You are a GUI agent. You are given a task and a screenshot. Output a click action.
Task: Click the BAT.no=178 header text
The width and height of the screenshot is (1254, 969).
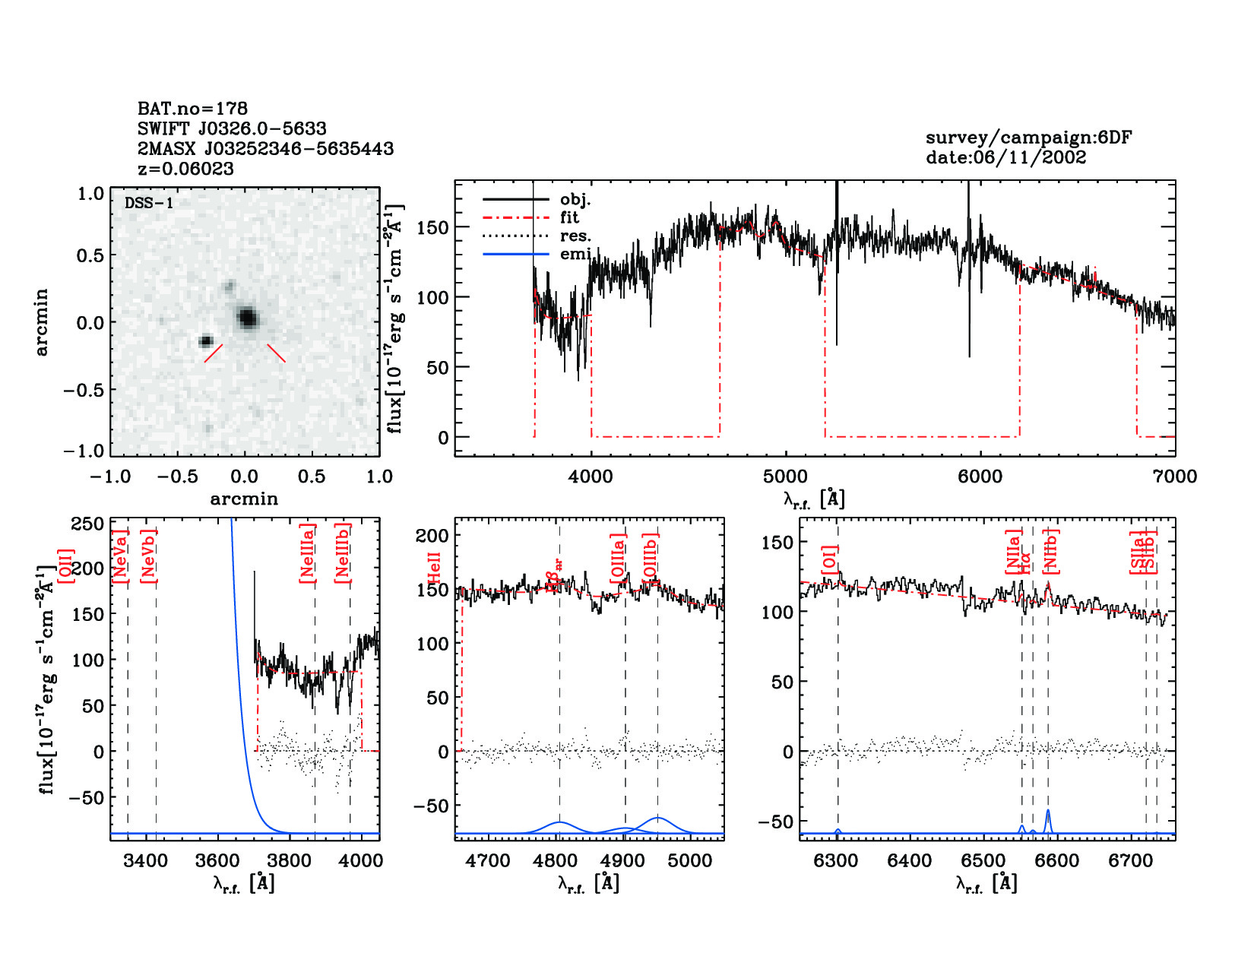pos(192,109)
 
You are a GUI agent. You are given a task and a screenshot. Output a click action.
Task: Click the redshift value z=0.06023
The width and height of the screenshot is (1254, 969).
pos(185,169)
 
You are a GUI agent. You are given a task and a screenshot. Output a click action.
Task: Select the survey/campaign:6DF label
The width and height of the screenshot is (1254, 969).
pos(1028,138)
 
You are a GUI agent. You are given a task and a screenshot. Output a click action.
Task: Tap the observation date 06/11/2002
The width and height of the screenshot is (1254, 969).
pos(1005,157)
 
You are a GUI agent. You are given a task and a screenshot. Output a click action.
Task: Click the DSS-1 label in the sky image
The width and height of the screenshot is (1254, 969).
pos(149,203)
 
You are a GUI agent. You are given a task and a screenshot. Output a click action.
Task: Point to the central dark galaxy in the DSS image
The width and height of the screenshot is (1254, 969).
pos(247,318)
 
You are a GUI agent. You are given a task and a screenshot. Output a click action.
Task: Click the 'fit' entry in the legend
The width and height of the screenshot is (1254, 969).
pos(569,217)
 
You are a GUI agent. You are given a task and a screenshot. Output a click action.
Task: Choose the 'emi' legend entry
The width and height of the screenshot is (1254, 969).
pos(575,254)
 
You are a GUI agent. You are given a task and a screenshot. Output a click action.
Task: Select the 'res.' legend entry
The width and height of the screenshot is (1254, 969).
pos(575,236)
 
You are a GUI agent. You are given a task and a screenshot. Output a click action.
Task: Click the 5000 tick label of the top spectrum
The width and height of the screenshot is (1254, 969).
pos(785,477)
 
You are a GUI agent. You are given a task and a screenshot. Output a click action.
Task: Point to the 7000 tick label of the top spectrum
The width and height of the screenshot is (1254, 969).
pos(1175,477)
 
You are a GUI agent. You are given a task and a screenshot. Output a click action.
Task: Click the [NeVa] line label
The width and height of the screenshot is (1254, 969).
pos(120,556)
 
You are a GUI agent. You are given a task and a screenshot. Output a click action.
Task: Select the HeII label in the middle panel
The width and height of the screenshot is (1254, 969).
pos(435,568)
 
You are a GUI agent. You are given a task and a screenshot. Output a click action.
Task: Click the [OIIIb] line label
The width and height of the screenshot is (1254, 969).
pos(651,559)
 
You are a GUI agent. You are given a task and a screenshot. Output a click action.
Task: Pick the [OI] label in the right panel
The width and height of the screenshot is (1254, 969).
pos(829,561)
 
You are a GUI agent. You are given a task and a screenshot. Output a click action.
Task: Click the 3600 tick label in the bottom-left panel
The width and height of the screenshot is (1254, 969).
pos(218,861)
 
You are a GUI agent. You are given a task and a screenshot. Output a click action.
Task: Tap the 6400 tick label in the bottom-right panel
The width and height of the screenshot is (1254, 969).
pos(910,861)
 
